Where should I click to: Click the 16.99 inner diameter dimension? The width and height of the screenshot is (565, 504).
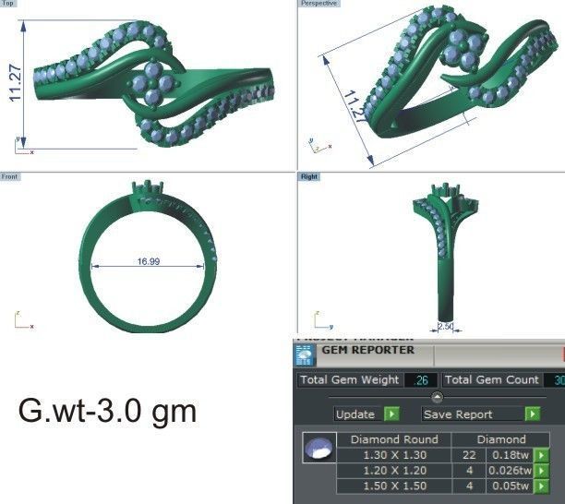click(x=149, y=262)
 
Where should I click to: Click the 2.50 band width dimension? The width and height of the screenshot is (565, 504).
click(x=445, y=326)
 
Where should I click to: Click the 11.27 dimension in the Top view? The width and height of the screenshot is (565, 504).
click(x=17, y=83)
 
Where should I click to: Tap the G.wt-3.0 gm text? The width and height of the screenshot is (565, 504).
click(x=107, y=409)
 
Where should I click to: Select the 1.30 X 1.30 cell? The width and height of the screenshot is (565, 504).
click(x=394, y=455)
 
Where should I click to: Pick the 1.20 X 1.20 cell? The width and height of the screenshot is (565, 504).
click(x=394, y=471)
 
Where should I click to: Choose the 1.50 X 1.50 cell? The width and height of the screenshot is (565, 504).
click(x=394, y=486)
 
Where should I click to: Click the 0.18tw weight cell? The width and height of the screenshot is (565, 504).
click(x=509, y=455)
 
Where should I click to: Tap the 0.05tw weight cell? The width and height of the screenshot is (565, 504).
click(x=509, y=486)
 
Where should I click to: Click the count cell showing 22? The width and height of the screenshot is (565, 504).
click(x=469, y=455)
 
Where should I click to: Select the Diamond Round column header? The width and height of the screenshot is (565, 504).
click(x=394, y=439)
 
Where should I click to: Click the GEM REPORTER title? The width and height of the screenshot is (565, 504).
click(x=367, y=350)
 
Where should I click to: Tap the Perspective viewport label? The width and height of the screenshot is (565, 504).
click(x=319, y=4)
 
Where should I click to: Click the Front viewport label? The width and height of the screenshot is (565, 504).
click(x=10, y=175)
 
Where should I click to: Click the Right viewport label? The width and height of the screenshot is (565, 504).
click(x=308, y=175)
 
